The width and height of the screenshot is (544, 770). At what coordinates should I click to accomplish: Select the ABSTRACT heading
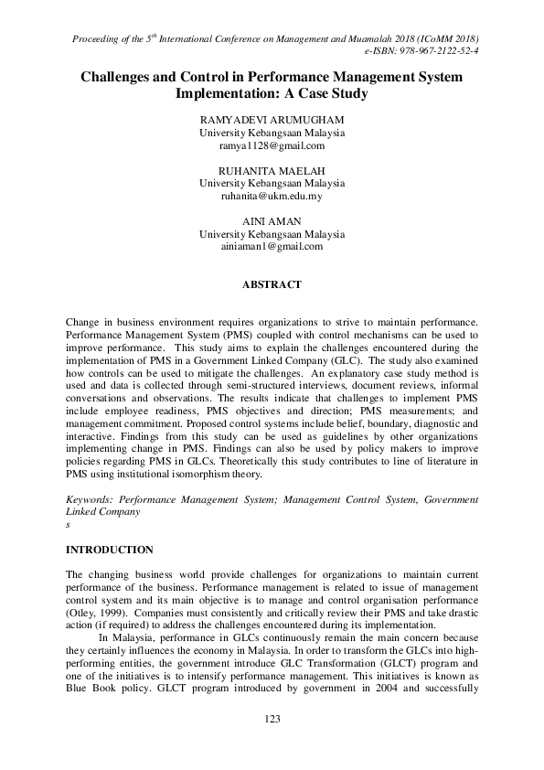pos(272,285)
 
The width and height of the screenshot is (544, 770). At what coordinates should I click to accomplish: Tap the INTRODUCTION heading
pos(110,551)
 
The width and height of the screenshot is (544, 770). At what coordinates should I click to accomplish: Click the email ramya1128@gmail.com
pos(272,145)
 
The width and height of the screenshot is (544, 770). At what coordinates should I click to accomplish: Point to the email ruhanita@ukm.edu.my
pos(272,196)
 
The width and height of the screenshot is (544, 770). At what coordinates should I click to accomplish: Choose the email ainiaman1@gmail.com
pos(272,246)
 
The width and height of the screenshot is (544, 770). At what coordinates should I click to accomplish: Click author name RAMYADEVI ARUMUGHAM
pos(272,120)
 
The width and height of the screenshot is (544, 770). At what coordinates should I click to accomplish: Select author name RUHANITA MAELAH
pos(272,170)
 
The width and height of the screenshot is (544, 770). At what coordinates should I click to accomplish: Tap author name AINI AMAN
pos(272,221)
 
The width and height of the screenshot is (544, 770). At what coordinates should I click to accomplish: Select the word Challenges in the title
pos(119,78)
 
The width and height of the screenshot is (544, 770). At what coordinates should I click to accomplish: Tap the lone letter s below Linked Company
pos(69,526)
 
